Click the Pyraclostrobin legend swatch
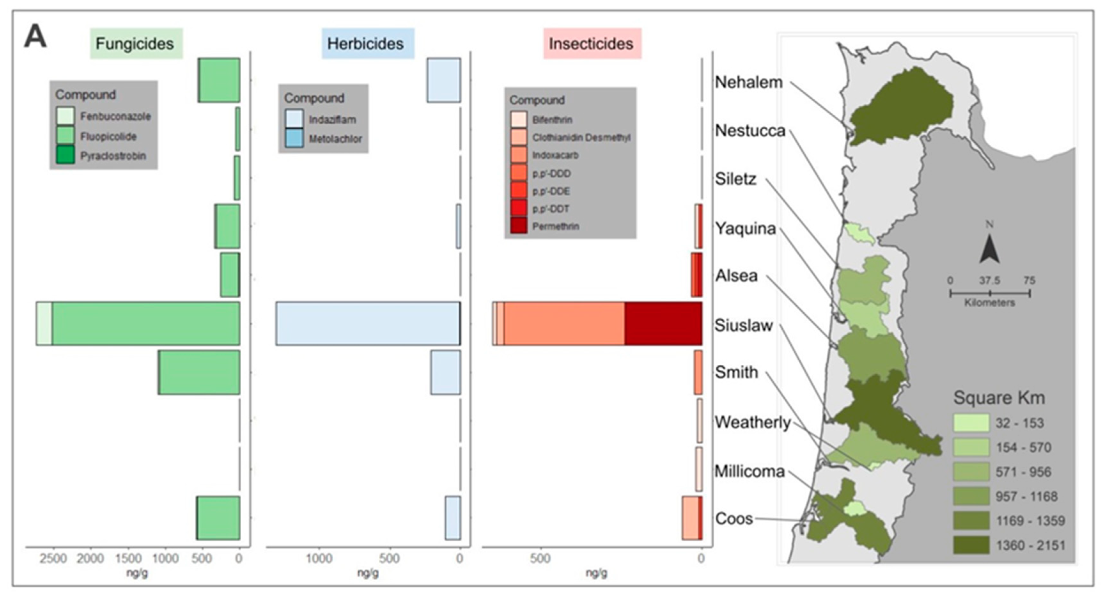click(65, 155)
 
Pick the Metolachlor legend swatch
click(294, 139)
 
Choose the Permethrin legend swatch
click(518, 226)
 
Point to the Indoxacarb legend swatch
click(518, 155)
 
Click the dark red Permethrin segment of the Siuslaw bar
click(663, 323)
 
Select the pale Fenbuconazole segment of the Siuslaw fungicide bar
click(44, 323)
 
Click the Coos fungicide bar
click(218, 518)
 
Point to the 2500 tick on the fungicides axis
click(53, 558)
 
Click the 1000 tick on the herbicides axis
click(319, 558)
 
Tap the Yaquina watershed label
click(745, 229)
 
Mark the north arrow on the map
click(989, 250)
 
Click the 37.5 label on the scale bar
click(990, 280)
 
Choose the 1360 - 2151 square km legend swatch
click(971, 545)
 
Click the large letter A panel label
click(35, 37)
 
